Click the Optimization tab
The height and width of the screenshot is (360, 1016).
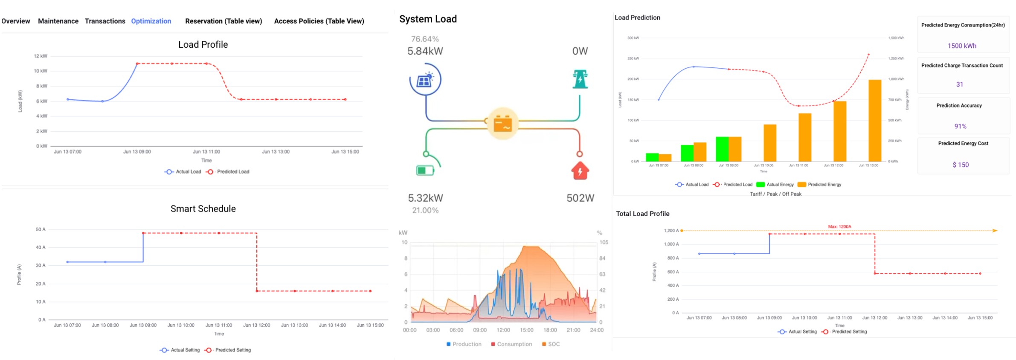click(x=151, y=21)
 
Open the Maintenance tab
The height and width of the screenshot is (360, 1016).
click(x=58, y=21)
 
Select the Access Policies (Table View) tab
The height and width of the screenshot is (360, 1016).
click(x=319, y=21)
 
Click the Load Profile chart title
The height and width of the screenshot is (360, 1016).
click(x=203, y=44)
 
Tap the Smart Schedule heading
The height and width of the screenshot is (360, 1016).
click(x=203, y=209)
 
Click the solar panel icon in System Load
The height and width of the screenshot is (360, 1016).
click(x=425, y=80)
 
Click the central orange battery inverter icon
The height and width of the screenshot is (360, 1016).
click(x=502, y=124)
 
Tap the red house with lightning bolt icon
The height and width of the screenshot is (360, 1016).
click(x=580, y=171)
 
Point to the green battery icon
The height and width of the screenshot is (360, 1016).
click(x=425, y=171)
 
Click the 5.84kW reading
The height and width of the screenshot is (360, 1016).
click(x=425, y=51)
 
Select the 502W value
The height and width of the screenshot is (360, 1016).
click(x=580, y=198)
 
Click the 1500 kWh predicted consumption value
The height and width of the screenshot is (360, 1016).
click(x=962, y=46)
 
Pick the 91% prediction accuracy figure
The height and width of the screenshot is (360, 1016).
click(x=960, y=126)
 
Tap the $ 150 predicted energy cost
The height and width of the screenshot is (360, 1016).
click(x=961, y=165)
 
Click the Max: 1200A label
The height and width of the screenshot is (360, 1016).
click(x=839, y=226)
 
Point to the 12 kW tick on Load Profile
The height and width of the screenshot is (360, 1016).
click(x=41, y=56)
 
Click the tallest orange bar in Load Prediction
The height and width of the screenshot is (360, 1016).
click(x=874, y=121)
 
